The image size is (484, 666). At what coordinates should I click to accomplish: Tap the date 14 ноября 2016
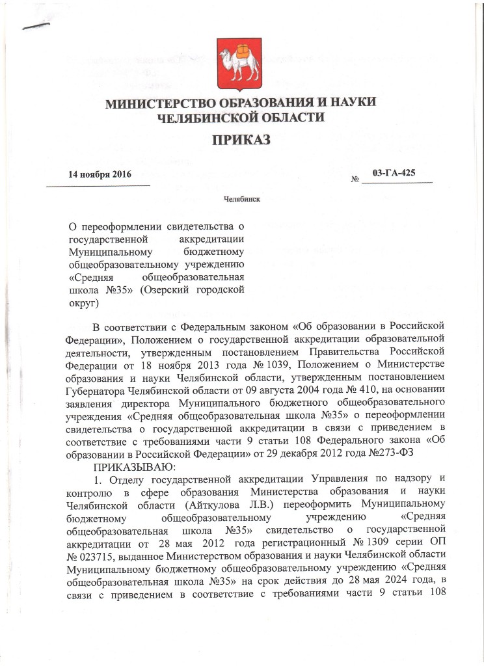click(100, 175)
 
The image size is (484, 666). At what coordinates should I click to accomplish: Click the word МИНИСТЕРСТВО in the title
click(162, 104)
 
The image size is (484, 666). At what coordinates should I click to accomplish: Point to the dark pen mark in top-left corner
click(35, 26)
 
